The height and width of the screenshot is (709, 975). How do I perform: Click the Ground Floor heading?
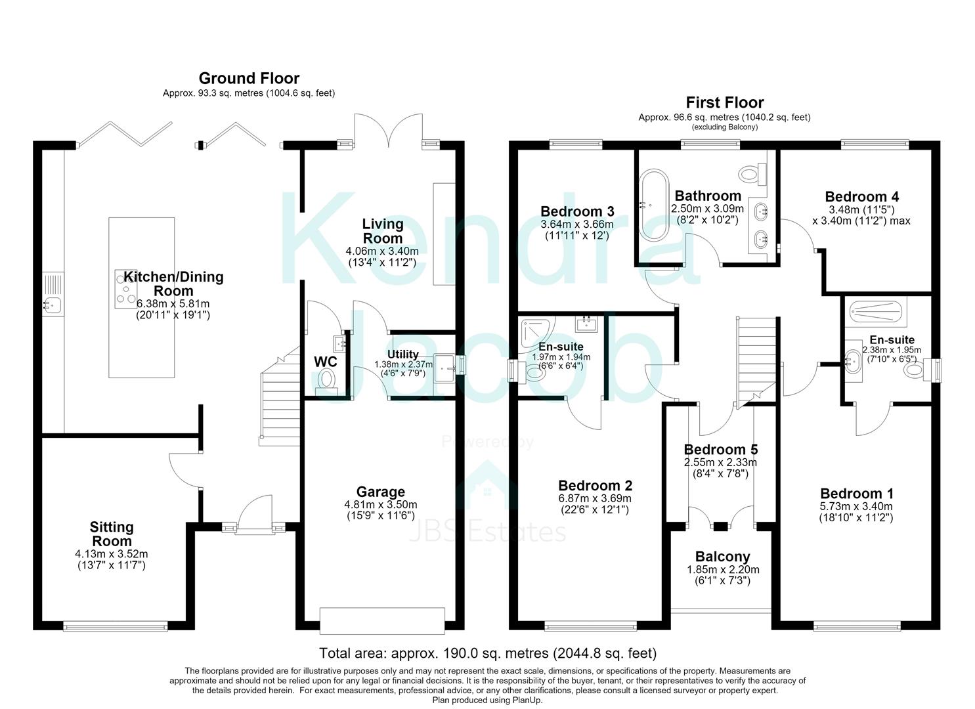(x=249, y=78)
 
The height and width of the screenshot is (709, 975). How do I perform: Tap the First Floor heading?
(x=725, y=102)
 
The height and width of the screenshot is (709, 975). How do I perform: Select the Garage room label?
(x=380, y=492)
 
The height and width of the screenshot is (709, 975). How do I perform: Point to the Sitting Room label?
(x=112, y=534)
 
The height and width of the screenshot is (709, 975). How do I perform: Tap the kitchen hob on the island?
(x=125, y=289)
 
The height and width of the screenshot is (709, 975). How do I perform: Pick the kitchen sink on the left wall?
(x=53, y=293)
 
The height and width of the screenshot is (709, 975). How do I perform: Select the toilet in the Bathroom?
(x=752, y=174)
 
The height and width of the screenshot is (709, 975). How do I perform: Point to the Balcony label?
(x=722, y=557)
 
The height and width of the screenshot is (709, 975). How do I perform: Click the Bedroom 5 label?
(x=721, y=449)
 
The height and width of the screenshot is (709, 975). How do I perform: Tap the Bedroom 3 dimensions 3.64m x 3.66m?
(x=577, y=225)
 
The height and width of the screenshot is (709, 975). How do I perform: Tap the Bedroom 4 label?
(x=861, y=197)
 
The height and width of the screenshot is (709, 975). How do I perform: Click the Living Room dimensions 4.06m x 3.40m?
(x=382, y=251)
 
